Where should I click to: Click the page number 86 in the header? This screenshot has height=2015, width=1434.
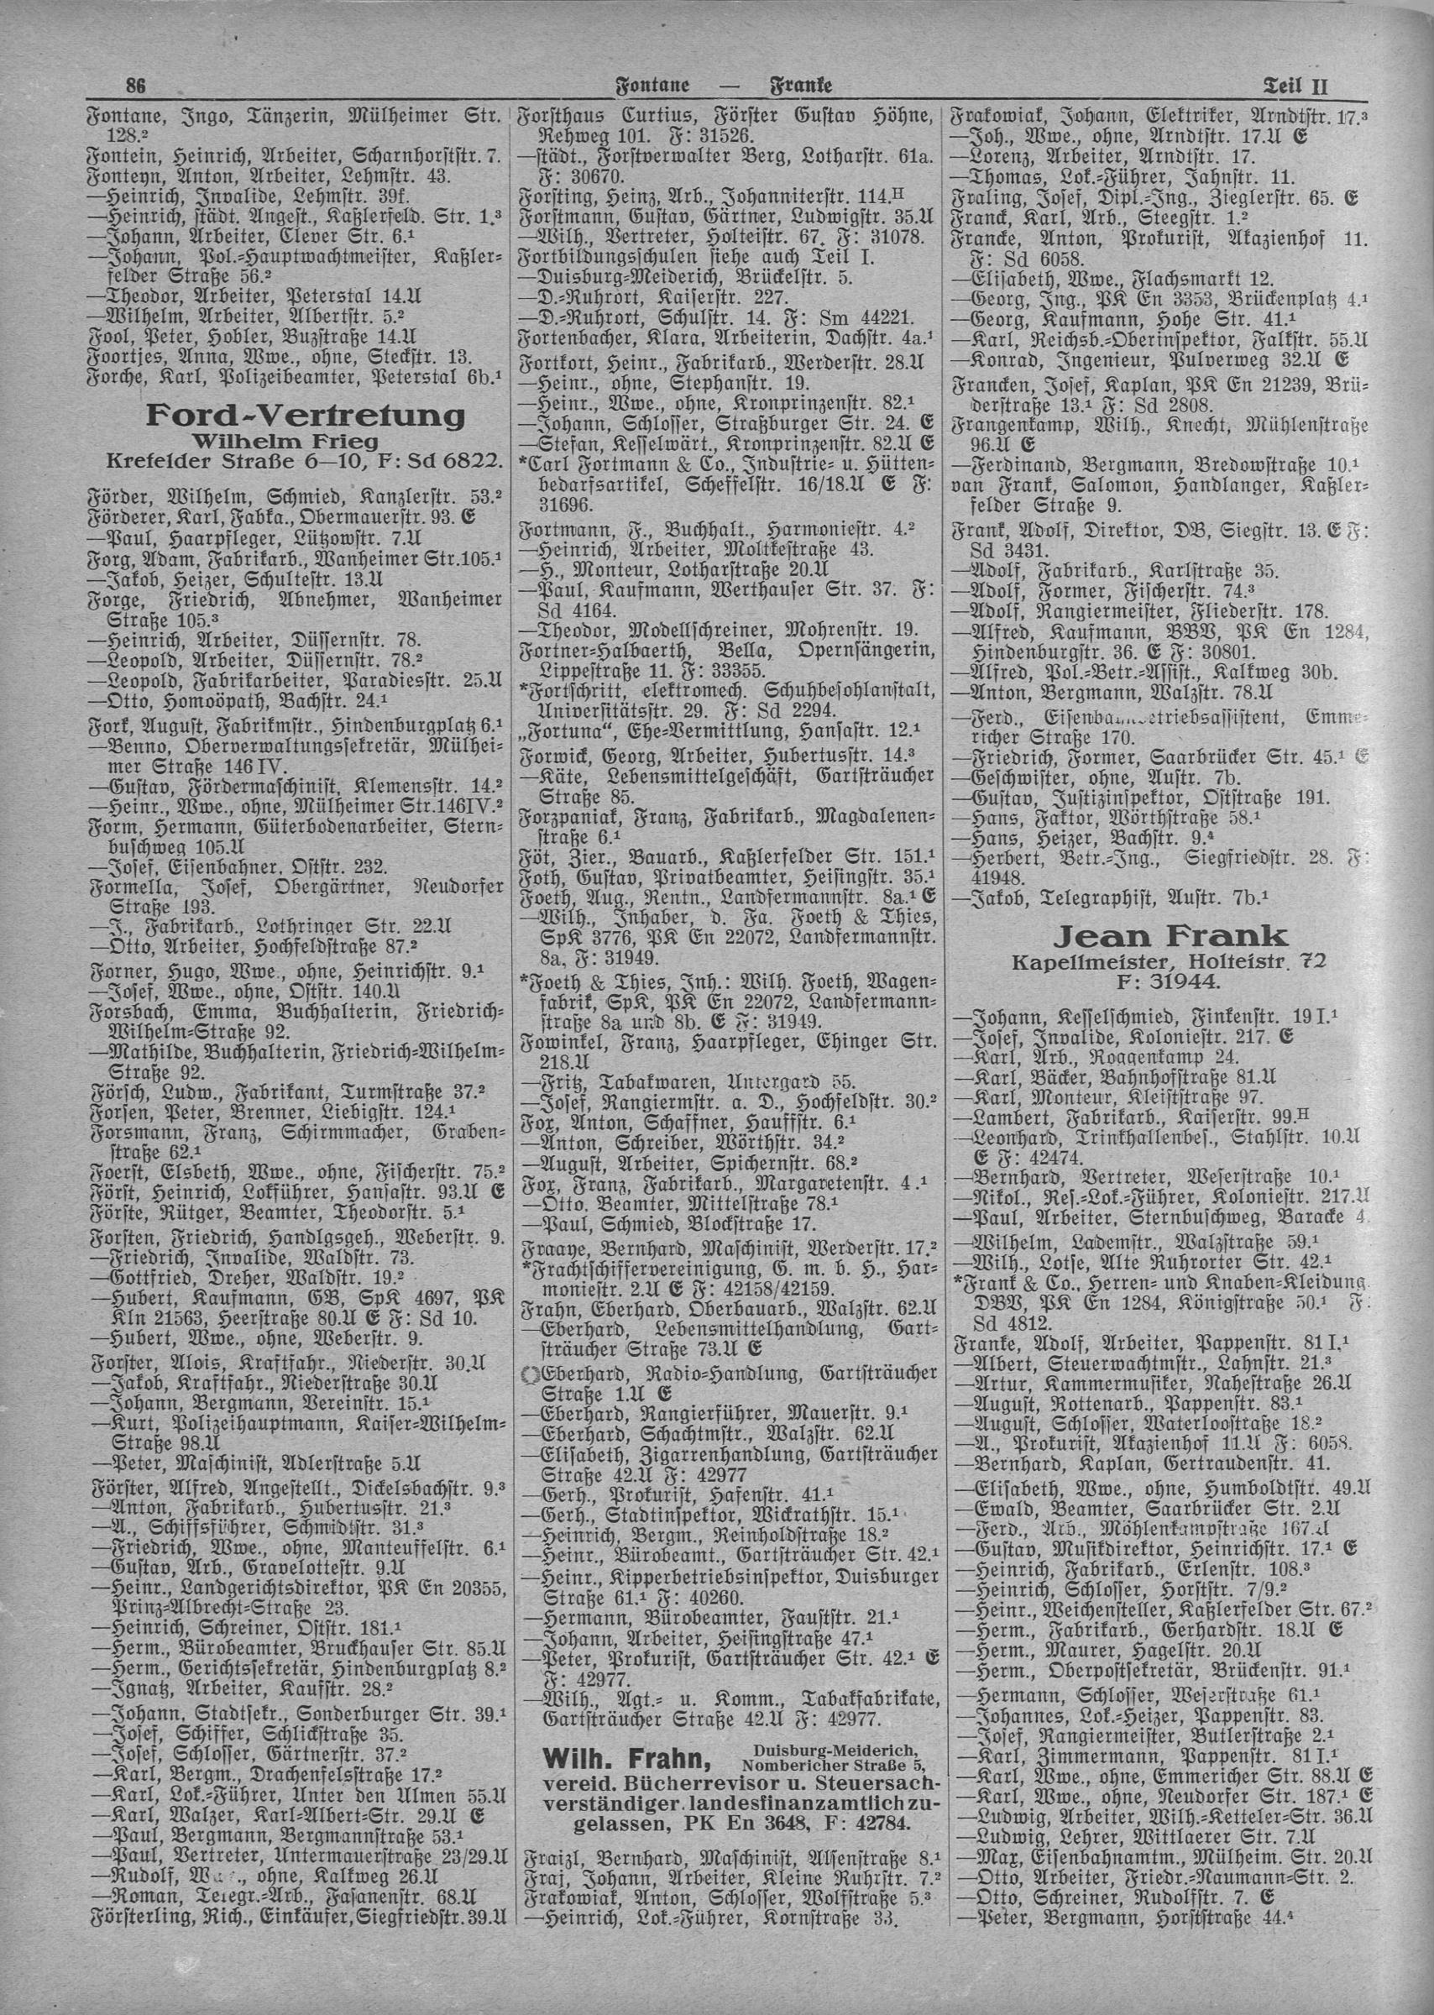point(135,86)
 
